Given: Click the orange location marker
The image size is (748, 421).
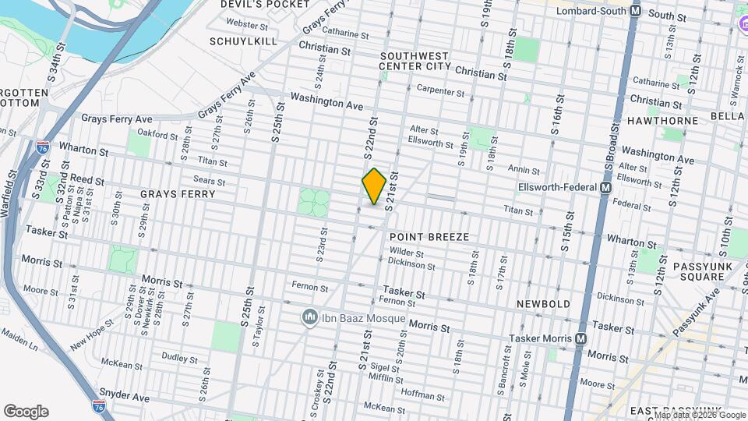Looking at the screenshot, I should tap(374, 186).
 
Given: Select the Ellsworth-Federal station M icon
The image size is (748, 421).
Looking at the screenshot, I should tap(605, 188).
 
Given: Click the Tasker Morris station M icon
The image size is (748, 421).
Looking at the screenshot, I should tap(580, 339).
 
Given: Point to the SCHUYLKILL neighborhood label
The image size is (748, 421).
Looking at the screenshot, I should tap(243, 41).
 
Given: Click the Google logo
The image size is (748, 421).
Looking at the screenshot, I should tap(26, 411).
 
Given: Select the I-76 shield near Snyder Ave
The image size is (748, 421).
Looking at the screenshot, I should tap(99, 405).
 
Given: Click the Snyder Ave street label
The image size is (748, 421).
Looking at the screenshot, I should tap(125, 397).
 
